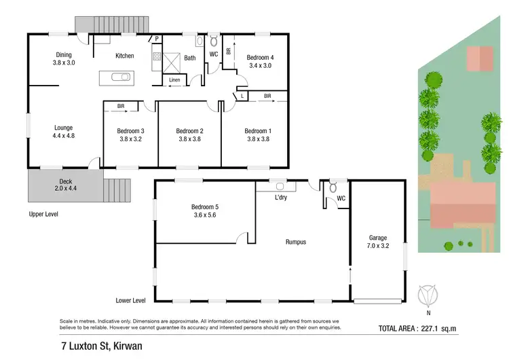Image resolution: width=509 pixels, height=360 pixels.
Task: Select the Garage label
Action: tap(378, 238)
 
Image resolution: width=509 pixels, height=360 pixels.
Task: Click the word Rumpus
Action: tap(298, 240)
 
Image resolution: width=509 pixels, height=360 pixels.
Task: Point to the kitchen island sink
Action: tap(121, 77)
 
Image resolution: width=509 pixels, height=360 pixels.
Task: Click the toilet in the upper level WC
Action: tap(213, 39)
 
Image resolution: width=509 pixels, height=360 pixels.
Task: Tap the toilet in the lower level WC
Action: tap(333, 187)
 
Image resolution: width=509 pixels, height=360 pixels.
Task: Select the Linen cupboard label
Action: tap(174, 80)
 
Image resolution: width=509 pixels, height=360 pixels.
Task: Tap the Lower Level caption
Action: tap(130, 300)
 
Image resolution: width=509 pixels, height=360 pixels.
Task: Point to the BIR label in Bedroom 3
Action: tap(121, 106)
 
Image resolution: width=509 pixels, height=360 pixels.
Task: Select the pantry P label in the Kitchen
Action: tap(157, 39)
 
